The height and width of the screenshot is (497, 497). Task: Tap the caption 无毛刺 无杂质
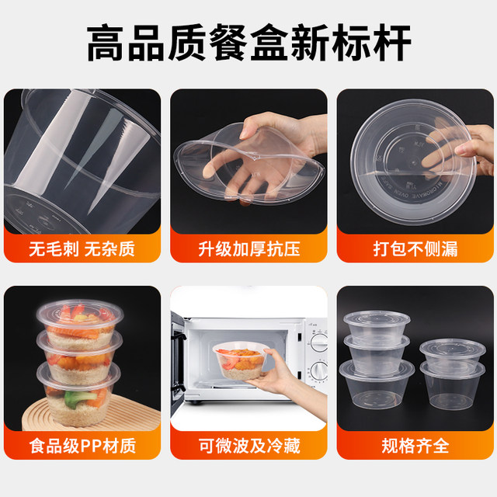(82, 250)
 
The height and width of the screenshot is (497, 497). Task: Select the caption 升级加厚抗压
(248, 250)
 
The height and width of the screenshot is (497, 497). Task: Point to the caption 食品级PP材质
(82, 446)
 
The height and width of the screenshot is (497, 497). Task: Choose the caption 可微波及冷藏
(248, 446)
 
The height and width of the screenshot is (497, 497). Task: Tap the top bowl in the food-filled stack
(78, 321)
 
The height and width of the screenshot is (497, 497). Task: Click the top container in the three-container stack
(376, 325)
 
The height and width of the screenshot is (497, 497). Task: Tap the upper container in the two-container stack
(446, 353)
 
